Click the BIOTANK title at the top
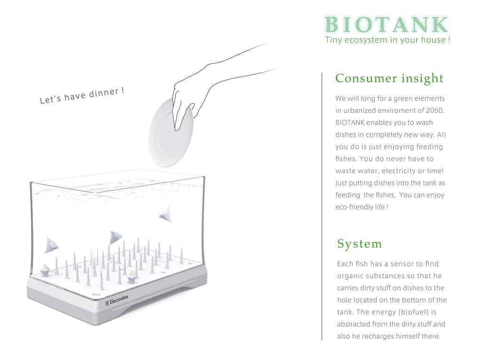pos(386,24)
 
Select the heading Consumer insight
pos(389,78)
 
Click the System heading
pos(360,244)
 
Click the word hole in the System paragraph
pos(344,300)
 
